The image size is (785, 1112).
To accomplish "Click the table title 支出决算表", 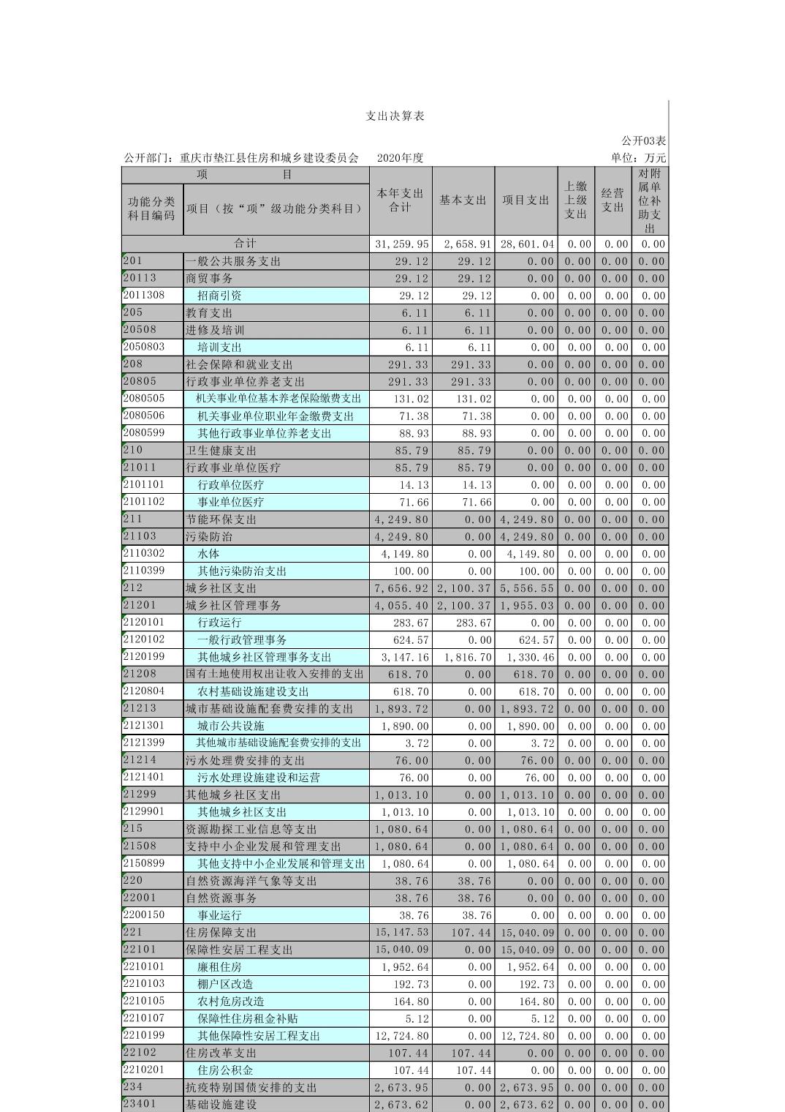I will click(x=395, y=116).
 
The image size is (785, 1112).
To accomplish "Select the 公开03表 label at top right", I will click(x=643, y=140).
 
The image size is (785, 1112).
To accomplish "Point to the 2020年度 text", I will click(x=401, y=158).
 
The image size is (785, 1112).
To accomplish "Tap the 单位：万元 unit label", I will click(x=638, y=158).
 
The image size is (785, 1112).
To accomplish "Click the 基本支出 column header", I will click(x=463, y=200).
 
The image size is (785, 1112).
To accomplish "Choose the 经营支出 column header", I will click(x=613, y=200).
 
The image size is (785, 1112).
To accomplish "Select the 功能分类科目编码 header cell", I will click(x=152, y=209).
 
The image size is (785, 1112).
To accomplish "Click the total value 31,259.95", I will click(x=401, y=244).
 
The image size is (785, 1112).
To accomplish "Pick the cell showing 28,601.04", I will click(x=527, y=244).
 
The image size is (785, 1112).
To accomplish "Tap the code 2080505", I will click(x=144, y=399).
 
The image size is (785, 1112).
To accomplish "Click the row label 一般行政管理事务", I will click(x=242, y=640).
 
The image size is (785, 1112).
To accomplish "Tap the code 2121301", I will click(x=144, y=726).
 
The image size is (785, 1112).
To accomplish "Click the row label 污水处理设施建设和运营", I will click(x=259, y=778).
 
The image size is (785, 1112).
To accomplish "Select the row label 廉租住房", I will click(x=219, y=967).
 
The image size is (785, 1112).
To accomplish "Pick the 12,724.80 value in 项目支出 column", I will click(x=527, y=1036).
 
